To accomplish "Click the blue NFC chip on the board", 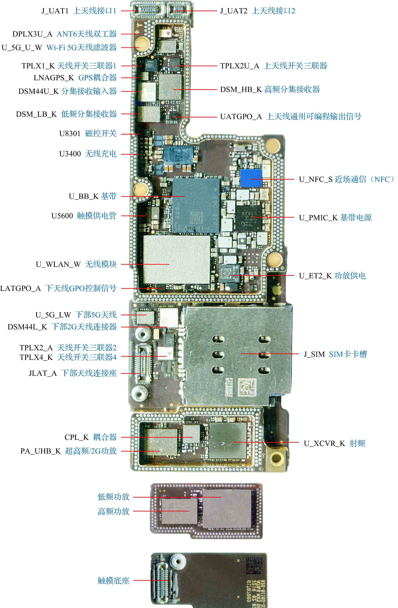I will pyautogui.click(x=251, y=178).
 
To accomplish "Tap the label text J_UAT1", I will pyautogui.click(x=55, y=11).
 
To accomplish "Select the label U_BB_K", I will pyautogui.click(x=84, y=196).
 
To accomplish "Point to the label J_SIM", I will pyautogui.click(x=314, y=354).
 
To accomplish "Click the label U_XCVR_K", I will pyautogui.click(x=324, y=443).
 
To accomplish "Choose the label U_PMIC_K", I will pyautogui.click(x=318, y=218).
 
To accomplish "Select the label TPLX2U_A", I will pyautogui.click(x=240, y=66).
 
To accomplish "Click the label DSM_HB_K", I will pyautogui.click(x=241, y=89).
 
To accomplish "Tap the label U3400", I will pyautogui.click(x=70, y=154).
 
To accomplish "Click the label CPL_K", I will pyautogui.click(x=76, y=437).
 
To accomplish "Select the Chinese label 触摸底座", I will pyautogui.click(x=113, y=581).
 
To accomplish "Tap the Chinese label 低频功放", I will pyautogui.click(x=113, y=497).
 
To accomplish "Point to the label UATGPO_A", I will pyautogui.click(x=241, y=117).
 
